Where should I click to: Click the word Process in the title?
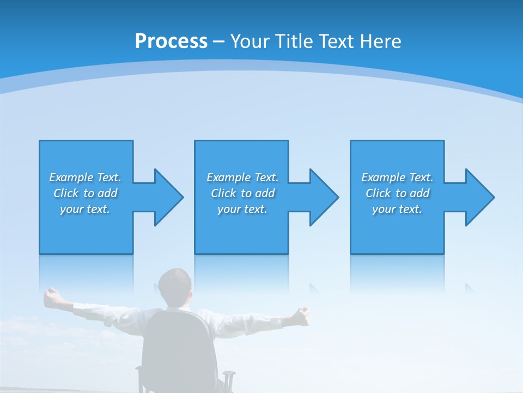171,41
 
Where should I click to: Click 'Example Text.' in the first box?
85,177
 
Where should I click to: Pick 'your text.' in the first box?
85,209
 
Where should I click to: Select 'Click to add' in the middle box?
242,193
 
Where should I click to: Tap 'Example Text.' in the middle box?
242,177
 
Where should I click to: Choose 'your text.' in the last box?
397,209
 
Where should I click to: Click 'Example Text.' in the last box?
397,177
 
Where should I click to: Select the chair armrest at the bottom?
229,377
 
